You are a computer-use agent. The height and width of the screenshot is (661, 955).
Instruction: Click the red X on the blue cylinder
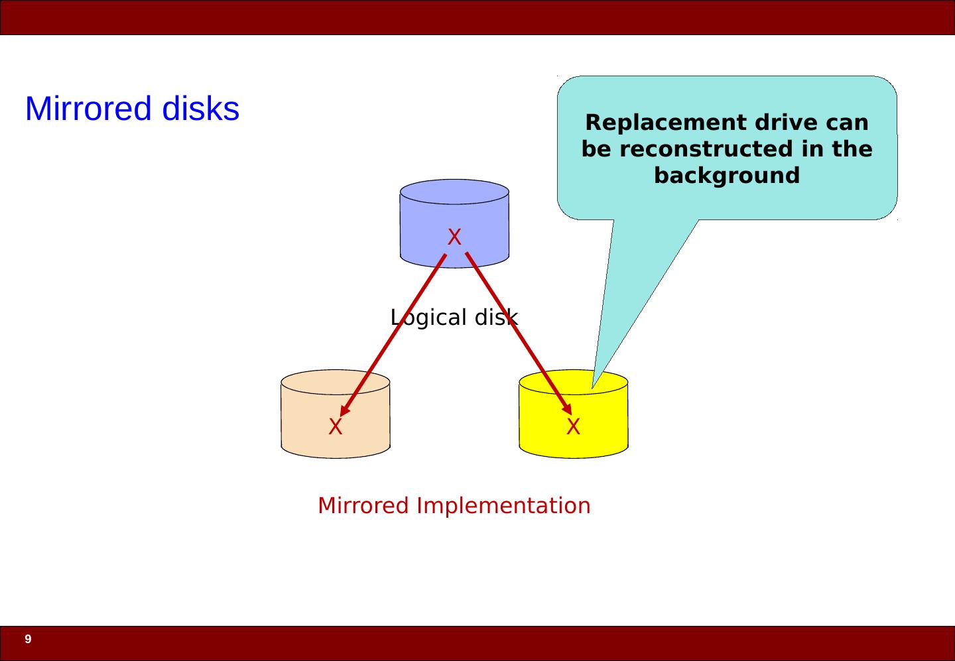(454, 237)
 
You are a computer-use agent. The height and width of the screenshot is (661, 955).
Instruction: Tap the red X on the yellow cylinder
(574, 427)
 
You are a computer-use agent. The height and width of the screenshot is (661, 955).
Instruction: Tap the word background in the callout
(727, 176)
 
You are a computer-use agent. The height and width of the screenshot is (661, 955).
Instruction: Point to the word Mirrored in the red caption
(363, 506)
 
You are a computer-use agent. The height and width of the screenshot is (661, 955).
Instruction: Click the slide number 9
(28, 640)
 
